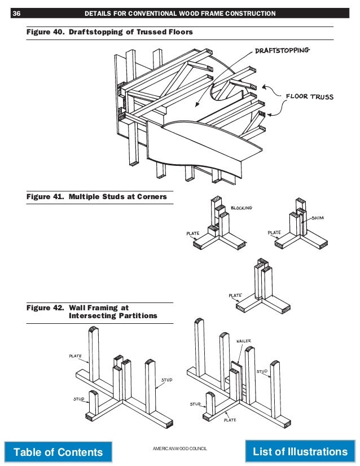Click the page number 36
click(x=16, y=14)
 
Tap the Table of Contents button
click(x=58, y=452)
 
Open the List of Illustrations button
click(x=300, y=451)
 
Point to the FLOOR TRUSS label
click(x=309, y=96)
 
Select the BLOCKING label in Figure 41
click(x=241, y=208)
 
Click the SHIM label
click(x=319, y=218)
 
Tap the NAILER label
click(x=244, y=341)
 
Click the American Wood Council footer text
click(x=180, y=447)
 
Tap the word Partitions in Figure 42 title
click(x=138, y=316)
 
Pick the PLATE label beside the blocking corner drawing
click(x=194, y=232)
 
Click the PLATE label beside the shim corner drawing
click(x=274, y=232)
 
